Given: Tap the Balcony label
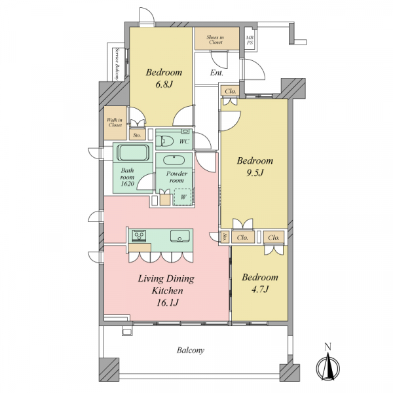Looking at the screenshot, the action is click(x=191, y=350).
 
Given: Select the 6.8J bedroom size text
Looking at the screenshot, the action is click(x=164, y=84).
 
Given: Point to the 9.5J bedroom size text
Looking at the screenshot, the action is click(x=255, y=173).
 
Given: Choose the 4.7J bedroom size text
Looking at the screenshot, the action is click(x=260, y=290).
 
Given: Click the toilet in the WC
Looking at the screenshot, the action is click(x=165, y=141).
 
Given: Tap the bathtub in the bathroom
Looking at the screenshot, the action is click(x=133, y=153).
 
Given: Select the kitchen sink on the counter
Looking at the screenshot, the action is click(x=180, y=236).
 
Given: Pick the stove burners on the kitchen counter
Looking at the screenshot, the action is click(x=139, y=236).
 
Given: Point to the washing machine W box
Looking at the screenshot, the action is click(x=183, y=196).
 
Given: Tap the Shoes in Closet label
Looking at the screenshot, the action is click(x=215, y=40).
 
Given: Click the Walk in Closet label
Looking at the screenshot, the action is click(x=115, y=122).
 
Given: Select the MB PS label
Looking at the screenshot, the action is click(x=250, y=40).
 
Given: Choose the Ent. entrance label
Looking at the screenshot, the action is click(x=217, y=73).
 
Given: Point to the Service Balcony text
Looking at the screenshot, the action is click(x=117, y=64).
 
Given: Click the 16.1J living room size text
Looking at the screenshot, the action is click(x=168, y=303).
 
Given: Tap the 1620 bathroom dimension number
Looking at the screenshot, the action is click(x=127, y=184).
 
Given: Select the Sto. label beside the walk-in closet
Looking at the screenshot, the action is click(x=137, y=136).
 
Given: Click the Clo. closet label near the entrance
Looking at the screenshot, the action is click(x=231, y=92).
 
